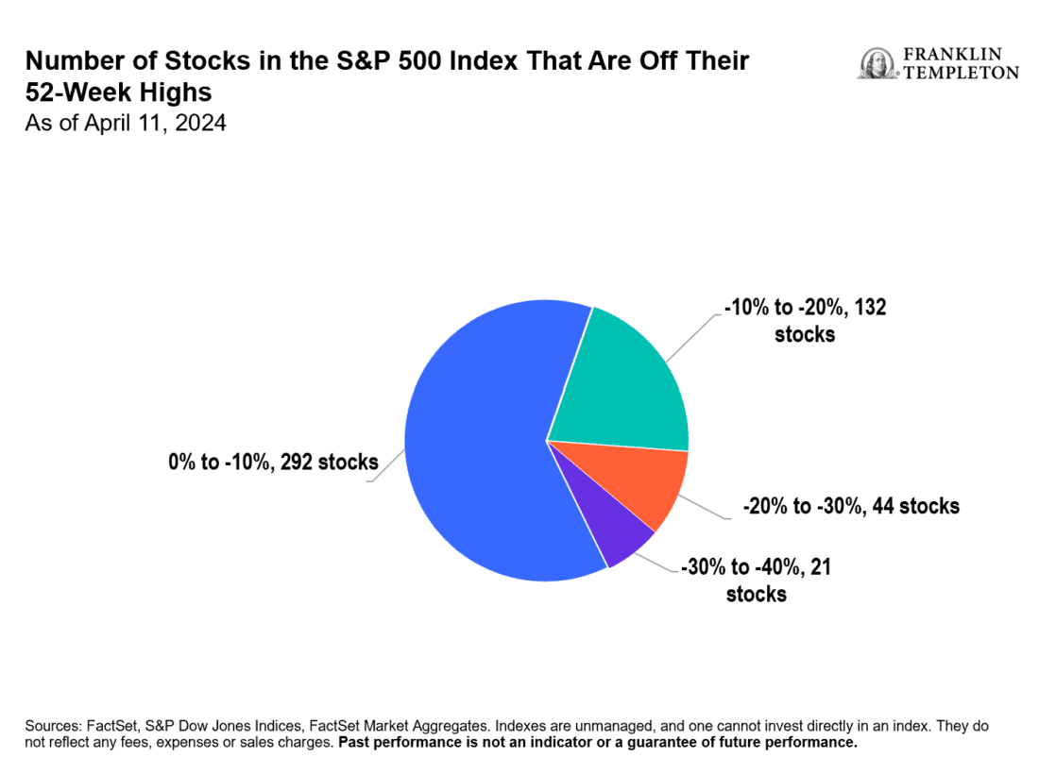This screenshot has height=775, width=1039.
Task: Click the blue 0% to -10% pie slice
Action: [x=482, y=444]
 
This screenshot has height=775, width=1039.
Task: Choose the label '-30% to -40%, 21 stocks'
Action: [x=756, y=580]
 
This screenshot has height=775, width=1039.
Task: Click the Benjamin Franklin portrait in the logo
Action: [x=875, y=63]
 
